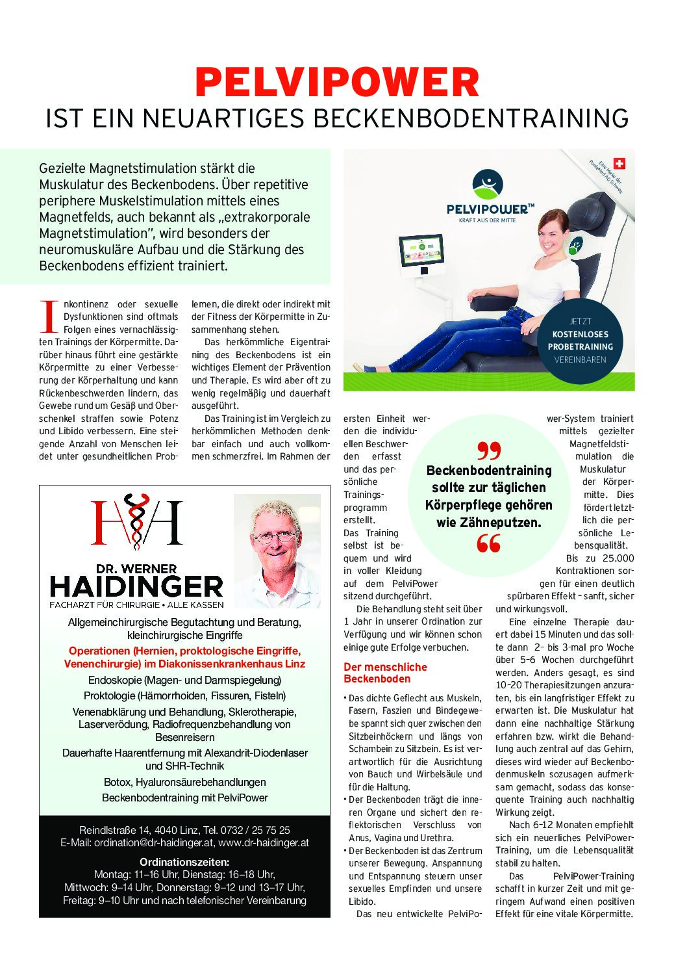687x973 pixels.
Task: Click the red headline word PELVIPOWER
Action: pos(337,83)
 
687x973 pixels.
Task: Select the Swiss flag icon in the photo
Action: pos(619,164)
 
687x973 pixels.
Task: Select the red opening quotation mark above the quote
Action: pos(489,450)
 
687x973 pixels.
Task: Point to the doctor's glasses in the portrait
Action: pos(276,537)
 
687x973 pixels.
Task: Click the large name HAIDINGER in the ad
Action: pos(136,587)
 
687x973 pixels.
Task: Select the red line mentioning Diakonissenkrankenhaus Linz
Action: pos(184,664)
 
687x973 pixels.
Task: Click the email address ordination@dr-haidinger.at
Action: pos(153,843)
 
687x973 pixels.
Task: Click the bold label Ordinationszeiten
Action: pos(184,862)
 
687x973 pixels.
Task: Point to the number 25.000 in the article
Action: pos(618,558)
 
